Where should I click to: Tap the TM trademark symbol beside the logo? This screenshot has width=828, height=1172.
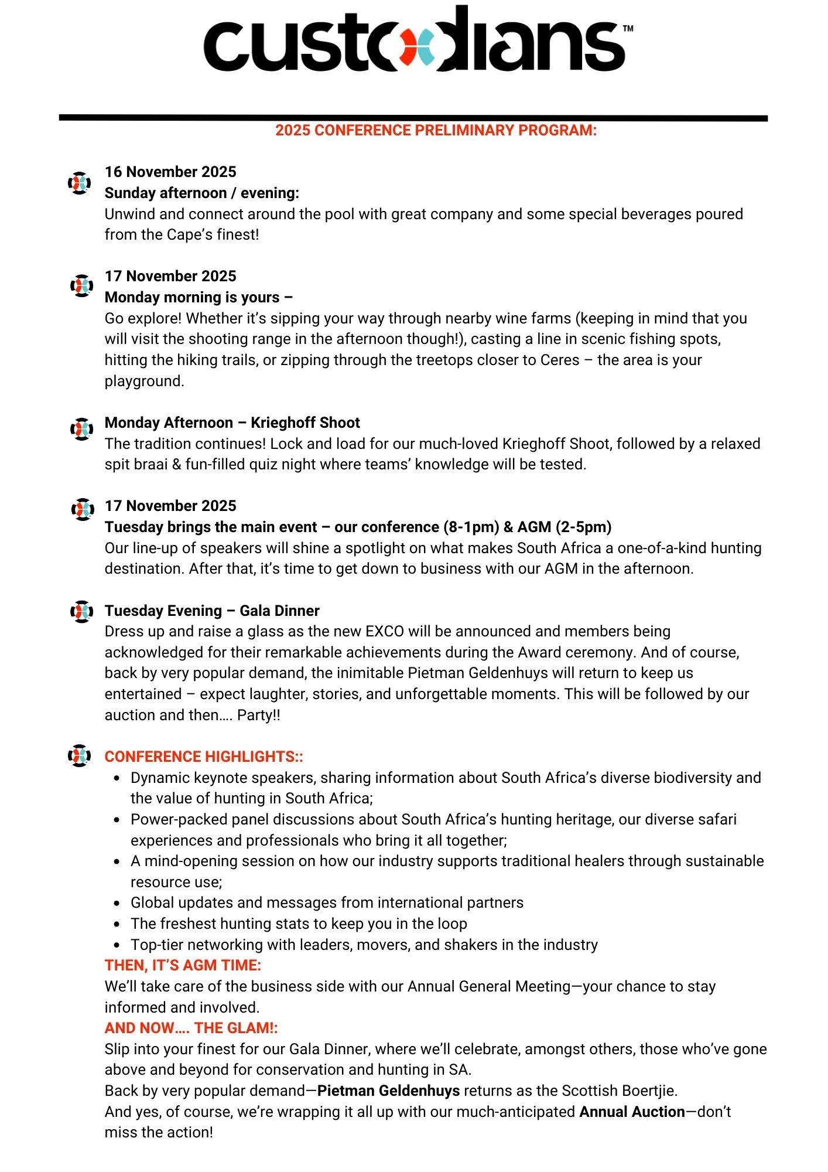[x=628, y=28]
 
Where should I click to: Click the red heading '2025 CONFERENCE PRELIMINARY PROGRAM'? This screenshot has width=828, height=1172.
[x=436, y=130]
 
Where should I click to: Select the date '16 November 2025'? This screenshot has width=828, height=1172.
[x=170, y=172]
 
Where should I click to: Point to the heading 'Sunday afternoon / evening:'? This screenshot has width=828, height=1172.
[x=201, y=193]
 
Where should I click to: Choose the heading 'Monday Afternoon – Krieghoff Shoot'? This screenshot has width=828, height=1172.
[x=232, y=423]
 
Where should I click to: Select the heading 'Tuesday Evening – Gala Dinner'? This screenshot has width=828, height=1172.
[x=212, y=611]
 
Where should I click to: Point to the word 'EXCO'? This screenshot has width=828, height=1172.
[x=384, y=631]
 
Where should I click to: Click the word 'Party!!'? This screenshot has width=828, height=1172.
[x=258, y=715]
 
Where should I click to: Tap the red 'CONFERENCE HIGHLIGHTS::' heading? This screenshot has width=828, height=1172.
[x=204, y=757]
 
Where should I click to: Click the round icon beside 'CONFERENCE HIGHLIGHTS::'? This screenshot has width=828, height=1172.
[x=80, y=755]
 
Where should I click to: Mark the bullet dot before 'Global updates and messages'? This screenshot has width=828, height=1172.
[x=117, y=903]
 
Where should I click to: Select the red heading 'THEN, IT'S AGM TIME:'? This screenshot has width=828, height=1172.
[x=183, y=965]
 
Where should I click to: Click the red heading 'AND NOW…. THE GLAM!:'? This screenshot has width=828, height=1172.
[x=191, y=1028]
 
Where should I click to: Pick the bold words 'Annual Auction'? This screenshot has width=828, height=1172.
[x=632, y=1112]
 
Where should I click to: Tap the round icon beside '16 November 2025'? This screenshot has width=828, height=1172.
[x=80, y=183]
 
